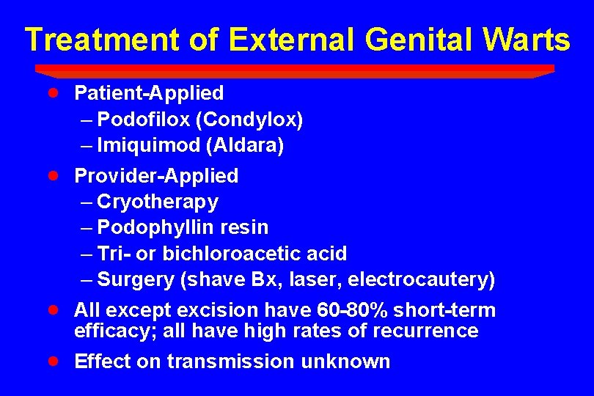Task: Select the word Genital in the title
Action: point(406,40)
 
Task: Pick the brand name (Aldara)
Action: point(246,145)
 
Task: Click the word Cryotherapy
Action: point(158,201)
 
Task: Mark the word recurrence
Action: point(425,331)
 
